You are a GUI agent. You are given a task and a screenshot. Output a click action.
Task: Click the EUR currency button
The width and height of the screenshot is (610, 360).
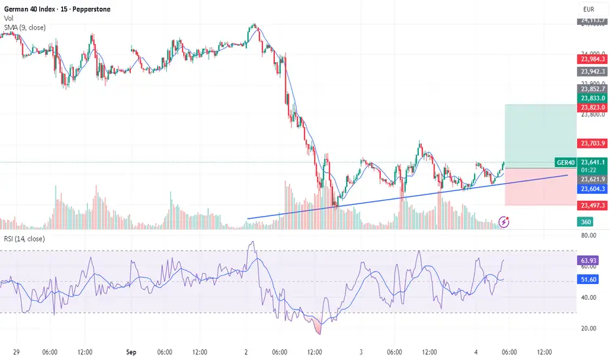click(589, 9)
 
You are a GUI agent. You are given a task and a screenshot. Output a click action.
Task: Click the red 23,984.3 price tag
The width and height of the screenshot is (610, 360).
click(592, 59)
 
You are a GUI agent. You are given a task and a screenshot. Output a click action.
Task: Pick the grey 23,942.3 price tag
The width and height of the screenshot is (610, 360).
click(592, 71)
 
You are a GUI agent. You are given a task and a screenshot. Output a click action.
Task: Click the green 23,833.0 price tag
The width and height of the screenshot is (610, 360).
click(592, 98)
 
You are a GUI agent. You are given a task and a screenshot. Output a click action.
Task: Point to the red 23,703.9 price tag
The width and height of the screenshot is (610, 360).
click(592, 143)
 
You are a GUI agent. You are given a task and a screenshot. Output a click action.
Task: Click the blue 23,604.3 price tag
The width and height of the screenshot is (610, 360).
click(592, 189)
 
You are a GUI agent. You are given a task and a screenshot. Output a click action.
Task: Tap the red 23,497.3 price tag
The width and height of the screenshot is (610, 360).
click(592, 206)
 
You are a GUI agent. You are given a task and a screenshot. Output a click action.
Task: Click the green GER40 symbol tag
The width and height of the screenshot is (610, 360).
click(565, 162)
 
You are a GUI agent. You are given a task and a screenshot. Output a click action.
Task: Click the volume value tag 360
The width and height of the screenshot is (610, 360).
click(586, 222)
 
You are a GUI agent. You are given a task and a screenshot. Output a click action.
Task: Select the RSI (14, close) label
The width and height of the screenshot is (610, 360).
click(24, 239)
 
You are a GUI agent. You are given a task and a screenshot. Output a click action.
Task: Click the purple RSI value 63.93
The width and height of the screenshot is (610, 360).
click(589, 261)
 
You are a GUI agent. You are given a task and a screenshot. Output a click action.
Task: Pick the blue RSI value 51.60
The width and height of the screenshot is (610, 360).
click(589, 279)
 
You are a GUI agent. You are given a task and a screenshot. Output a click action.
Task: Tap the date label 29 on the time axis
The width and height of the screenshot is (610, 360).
click(14, 351)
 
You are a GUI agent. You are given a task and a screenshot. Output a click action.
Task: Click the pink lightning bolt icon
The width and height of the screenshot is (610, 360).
click(505, 221)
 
